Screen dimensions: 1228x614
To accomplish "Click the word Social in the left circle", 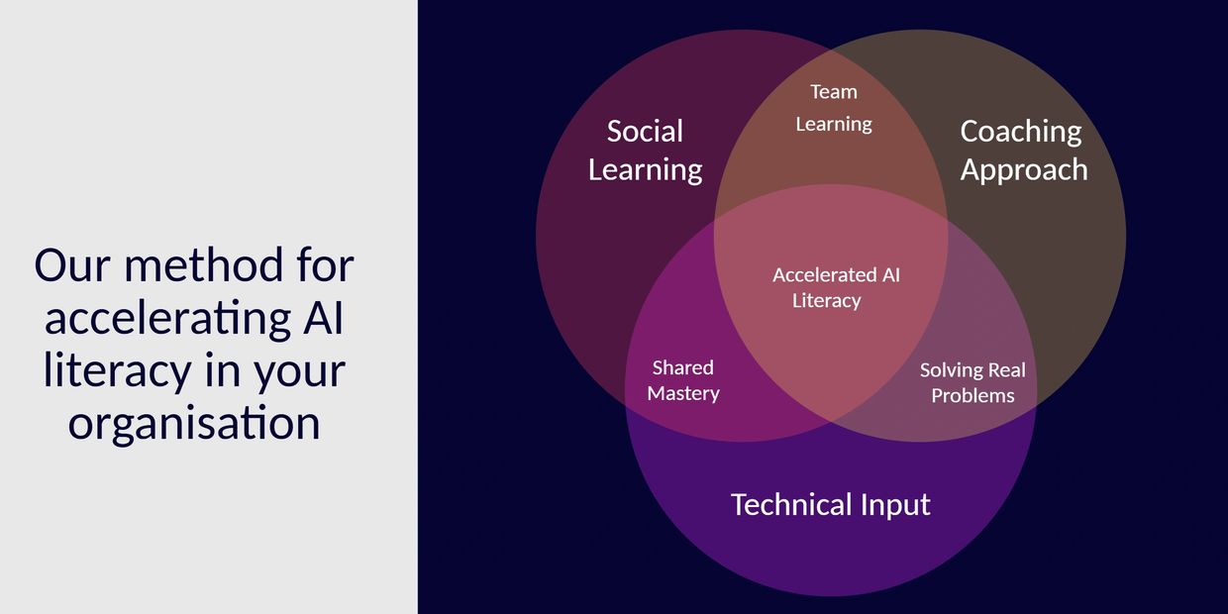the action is tap(645, 131).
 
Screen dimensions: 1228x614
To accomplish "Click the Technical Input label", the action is tap(831, 505).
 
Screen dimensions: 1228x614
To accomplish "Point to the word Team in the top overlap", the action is tap(834, 91).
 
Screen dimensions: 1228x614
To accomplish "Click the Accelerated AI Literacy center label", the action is tap(836, 288).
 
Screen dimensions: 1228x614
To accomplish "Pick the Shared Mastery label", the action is tap(683, 380).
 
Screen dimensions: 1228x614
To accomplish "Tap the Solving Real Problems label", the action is tap(972, 382).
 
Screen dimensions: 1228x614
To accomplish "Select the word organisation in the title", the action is tap(194, 423).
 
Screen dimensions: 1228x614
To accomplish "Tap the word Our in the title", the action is tap(73, 265).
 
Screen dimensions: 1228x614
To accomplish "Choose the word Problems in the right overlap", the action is tap(972, 395).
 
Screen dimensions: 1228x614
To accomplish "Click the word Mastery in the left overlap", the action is tap(683, 393).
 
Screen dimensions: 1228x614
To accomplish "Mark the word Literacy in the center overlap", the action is tap(827, 301).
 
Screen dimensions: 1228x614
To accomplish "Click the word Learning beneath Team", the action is tap(834, 125).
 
